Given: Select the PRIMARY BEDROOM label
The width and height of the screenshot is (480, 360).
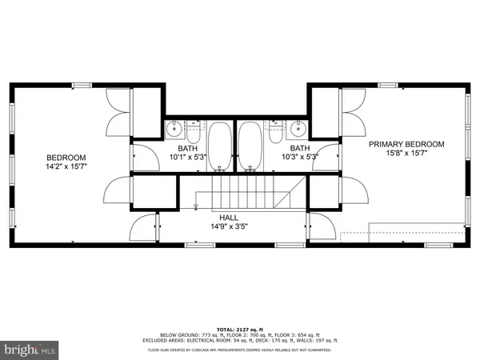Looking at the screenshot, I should click(x=406, y=144).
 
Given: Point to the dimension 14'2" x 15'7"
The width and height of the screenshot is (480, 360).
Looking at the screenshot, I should click(x=66, y=168).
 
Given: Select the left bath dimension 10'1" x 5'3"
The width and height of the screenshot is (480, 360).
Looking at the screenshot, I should click(x=188, y=158).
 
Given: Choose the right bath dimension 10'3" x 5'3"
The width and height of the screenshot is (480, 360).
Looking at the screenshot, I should click(x=300, y=158).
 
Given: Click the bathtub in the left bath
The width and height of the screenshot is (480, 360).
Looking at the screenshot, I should click(x=219, y=147).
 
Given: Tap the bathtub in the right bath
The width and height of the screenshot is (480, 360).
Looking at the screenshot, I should click(x=250, y=147).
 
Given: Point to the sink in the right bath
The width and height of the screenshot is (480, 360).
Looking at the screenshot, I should click(x=298, y=128).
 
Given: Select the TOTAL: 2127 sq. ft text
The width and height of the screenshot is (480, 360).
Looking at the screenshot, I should click(x=240, y=329).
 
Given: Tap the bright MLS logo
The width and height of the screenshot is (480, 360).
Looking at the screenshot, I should click(x=30, y=349).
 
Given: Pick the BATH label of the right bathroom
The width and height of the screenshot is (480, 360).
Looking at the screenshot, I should click(x=300, y=148).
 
